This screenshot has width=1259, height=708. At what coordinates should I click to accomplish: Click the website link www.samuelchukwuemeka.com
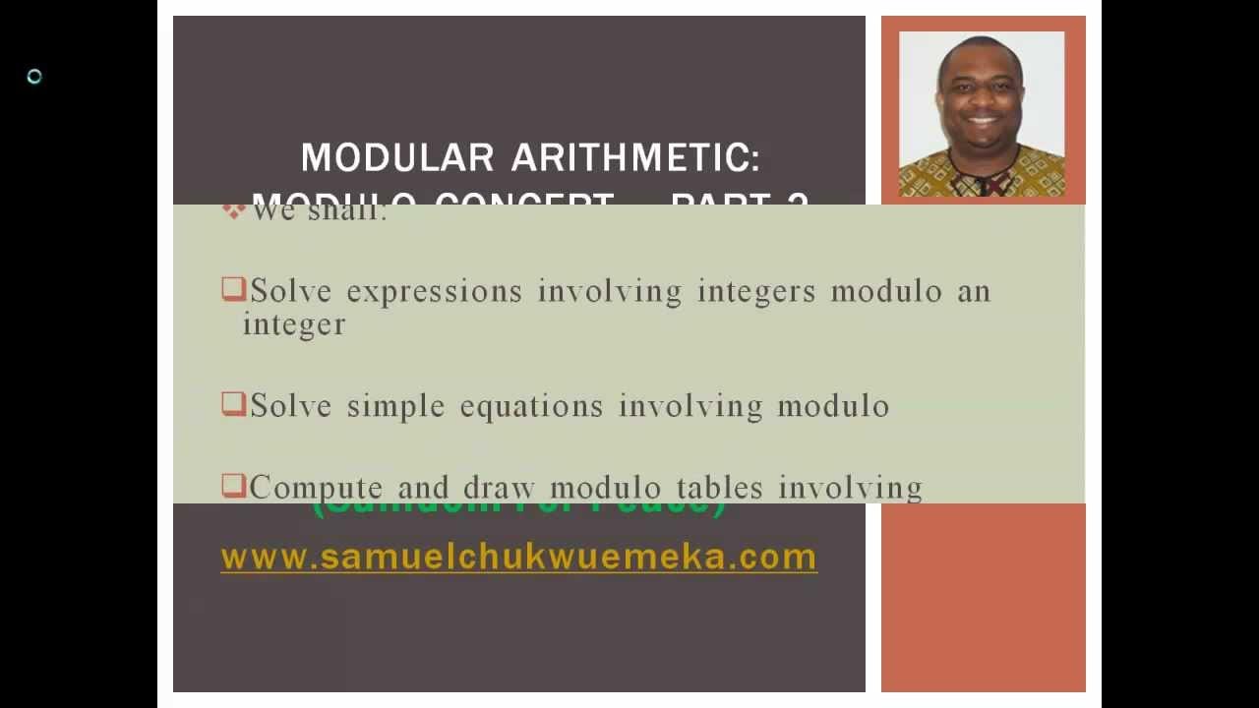pyautogui.click(x=518, y=558)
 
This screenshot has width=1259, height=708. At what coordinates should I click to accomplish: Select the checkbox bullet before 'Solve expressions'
pyautogui.click(x=233, y=289)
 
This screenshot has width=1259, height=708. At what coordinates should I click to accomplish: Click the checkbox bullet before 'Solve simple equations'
pyautogui.click(x=233, y=404)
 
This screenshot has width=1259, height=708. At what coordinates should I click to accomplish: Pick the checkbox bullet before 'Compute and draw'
pyautogui.click(x=233, y=486)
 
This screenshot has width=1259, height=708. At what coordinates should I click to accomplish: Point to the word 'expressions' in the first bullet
pyautogui.click(x=434, y=292)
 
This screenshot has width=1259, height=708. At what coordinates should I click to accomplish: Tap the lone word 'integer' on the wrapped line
pyautogui.click(x=294, y=325)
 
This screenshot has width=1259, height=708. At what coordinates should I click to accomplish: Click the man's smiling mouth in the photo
pyautogui.click(x=982, y=123)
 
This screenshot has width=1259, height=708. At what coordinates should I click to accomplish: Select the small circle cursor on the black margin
pyautogui.click(x=34, y=77)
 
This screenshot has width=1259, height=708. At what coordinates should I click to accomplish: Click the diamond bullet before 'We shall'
pyautogui.click(x=233, y=210)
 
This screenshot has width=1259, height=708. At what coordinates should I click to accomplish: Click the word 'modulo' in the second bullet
pyautogui.click(x=833, y=407)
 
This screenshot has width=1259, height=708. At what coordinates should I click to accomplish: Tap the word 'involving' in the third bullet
pyautogui.click(x=850, y=488)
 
